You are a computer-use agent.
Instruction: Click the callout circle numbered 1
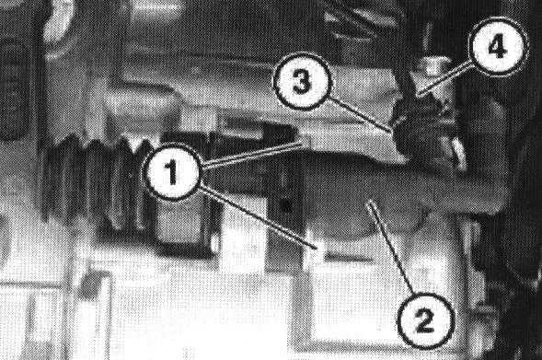tap(172, 172)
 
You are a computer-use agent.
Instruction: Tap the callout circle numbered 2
tap(425, 319)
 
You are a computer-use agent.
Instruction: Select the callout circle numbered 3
tap(303, 82)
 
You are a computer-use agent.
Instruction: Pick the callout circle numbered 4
tap(498, 46)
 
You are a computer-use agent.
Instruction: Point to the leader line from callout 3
tap(360, 115)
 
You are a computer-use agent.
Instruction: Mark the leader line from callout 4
tap(445, 78)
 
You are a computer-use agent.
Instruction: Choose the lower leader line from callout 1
tap(258, 217)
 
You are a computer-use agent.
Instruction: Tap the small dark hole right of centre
tap(285, 205)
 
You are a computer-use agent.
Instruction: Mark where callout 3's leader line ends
tap(392, 132)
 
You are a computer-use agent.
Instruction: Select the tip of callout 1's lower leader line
tap(317, 248)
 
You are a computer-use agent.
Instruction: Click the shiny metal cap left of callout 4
tap(433, 66)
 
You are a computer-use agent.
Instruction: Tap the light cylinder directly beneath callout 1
tap(183, 224)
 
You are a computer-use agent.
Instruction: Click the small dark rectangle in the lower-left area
tap(90, 285)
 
